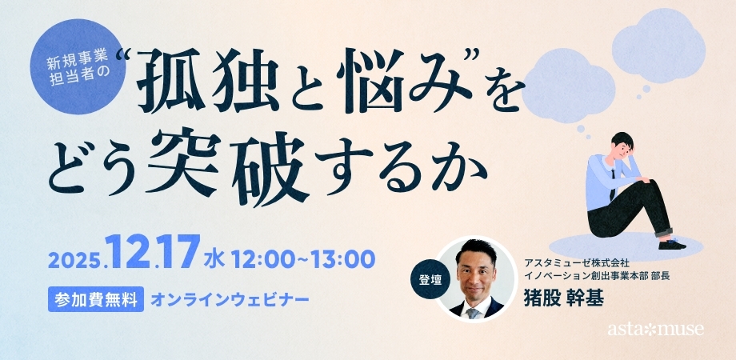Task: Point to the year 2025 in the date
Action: (x=74, y=260)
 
